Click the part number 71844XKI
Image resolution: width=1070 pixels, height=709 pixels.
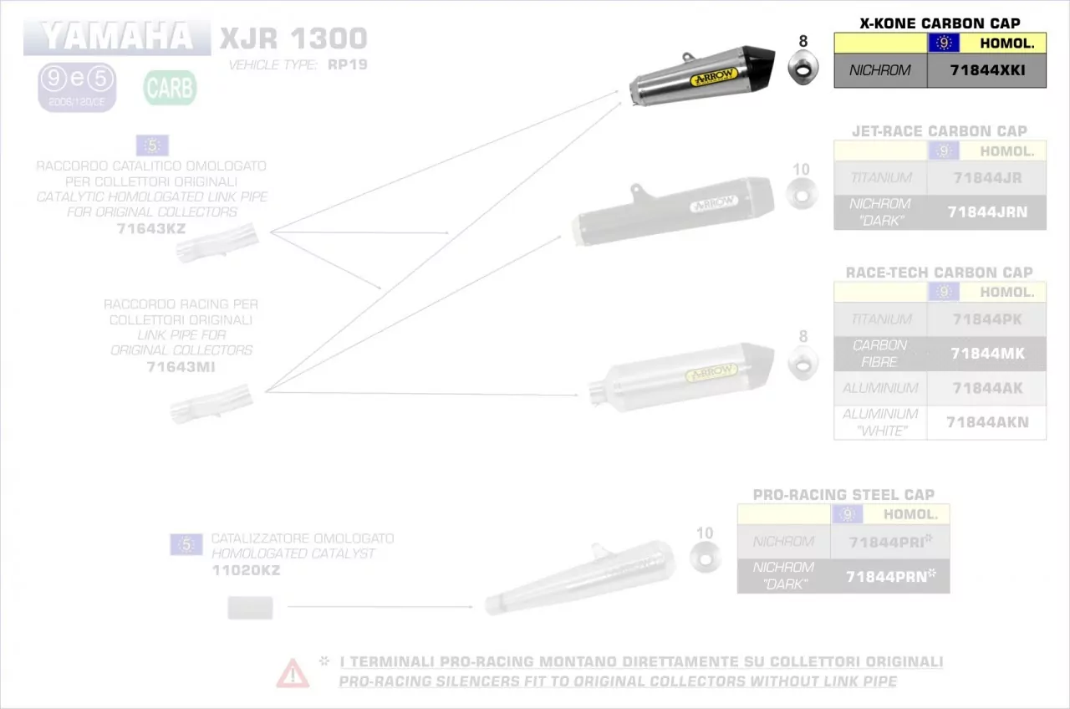pyautogui.click(x=987, y=70)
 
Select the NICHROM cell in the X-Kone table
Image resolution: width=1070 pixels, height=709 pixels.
pyautogui.click(x=880, y=70)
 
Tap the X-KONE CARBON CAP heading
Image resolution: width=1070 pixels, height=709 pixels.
pyautogui.click(x=940, y=23)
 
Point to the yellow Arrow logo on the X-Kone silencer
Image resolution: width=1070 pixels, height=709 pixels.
pyautogui.click(x=713, y=78)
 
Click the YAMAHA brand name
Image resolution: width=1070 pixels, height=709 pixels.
pyautogui.click(x=116, y=36)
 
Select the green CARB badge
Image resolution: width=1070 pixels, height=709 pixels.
pyautogui.click(x=170, y=87)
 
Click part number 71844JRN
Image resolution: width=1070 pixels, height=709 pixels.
pyautogui.click(x=987, y=212)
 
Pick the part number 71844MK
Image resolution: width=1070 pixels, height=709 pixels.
pyautogui.click(x=987, y=354)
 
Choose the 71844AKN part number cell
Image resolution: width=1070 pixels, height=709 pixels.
pyautogui.click(x=987, y=422)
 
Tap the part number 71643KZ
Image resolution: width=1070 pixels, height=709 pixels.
pyautogui.click(x=151, y=227)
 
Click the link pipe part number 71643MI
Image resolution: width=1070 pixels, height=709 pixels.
pyautogui.click(x=181, y=365)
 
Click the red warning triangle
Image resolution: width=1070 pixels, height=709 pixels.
pyautogui.click(x=293, y=672)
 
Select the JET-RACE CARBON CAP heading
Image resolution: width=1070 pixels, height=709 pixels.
pyautogui.click(x=940, y=131)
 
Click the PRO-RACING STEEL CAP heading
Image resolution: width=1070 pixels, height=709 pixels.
pyautogui.click(x=843, y=495)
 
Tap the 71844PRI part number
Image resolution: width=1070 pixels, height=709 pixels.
pyautogui.click(x=887, y=542)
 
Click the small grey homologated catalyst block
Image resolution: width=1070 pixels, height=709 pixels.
pyautogui.click(x=251, y=608)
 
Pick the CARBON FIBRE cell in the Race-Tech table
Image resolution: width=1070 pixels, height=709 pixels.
pyautogui.click(x=880, y=354)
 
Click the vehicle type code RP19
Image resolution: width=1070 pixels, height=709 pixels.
pyautogui.click(x=348, y=64)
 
